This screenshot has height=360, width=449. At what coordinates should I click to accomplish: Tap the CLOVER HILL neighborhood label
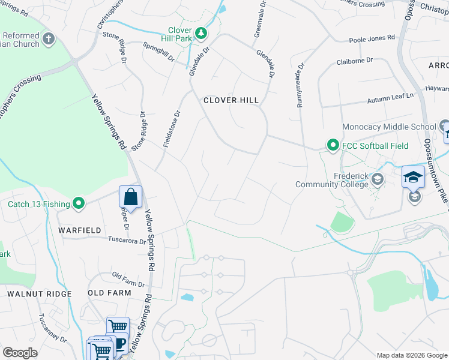click(x=231, y=100)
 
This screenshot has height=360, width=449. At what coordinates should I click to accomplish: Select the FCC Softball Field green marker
click(x=333, y=146)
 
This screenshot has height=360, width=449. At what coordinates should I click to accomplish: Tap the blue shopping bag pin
click(x=130, y=197)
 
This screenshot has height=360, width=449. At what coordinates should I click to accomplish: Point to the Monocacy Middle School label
click(x=389, y=127)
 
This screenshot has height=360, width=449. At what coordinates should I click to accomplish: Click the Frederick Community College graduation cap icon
click(x=378, y=179)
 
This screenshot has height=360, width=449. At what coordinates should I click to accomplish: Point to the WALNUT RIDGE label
click(x=40, y=293)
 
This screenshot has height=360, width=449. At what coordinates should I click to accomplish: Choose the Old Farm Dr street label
click(x=129, y=279)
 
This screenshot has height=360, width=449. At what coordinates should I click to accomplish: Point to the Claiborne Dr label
click(x=355, y=61)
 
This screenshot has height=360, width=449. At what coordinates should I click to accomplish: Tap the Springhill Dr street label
click(x=158, y=53)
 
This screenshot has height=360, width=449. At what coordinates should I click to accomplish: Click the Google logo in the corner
click(x=20, y=353)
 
